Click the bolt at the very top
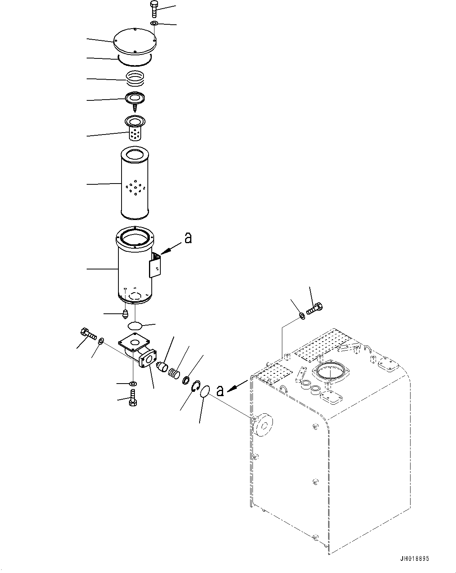click(x=154, y=9)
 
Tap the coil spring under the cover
click(x=135, y=78)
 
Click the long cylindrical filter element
click(x=135, y=183)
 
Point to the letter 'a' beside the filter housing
click(x=188, y=238)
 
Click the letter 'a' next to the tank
click(x=220, y=391)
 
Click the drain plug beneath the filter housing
click(x=125, y=314)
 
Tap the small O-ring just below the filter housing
click(x=135, y=326)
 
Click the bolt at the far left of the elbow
click(x=88, y=334)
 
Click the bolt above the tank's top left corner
click(x=314, y=309)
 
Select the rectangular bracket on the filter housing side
click(x=155, y=266)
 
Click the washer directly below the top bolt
click(x=154, y=24)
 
